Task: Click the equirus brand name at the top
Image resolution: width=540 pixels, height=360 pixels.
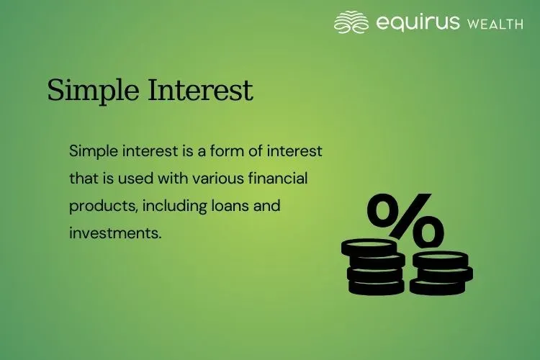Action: (418, 22)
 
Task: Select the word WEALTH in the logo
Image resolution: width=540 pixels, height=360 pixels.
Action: (495, 24)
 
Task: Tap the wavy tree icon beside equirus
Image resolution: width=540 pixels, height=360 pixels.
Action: (351, 22)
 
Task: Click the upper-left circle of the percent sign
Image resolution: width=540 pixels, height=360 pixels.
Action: (386, 210)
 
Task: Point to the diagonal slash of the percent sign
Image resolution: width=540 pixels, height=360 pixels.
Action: (406, 220)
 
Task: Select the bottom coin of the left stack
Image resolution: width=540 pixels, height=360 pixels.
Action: (374, 287)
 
